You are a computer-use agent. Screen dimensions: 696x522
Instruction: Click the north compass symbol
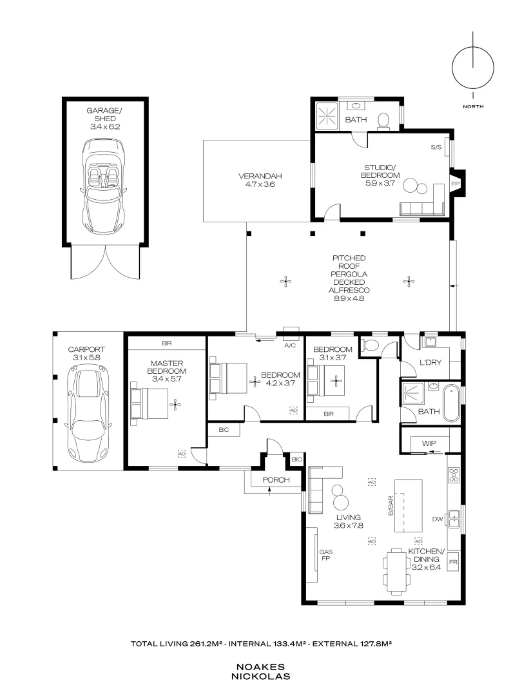473,68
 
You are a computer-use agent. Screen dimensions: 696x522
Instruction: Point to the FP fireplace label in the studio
455,184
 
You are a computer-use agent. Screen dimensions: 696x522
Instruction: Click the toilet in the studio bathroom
384,120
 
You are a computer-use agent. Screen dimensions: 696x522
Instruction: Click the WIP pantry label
429,443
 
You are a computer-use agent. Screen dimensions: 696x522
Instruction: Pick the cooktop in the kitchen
453,476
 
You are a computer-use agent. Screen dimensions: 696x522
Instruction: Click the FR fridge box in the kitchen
453,562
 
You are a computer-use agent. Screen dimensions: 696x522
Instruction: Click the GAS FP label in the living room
325,556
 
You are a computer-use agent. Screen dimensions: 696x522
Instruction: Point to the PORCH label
276,480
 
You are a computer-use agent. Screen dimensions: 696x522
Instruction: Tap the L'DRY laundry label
430,363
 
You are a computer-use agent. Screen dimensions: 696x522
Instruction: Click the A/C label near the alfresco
289,346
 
